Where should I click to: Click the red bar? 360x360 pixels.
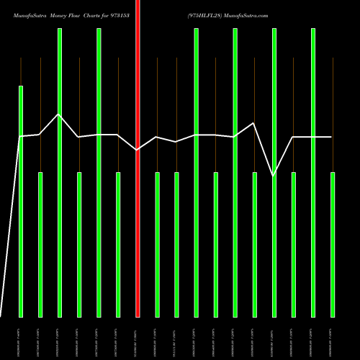click(x=138, y=158)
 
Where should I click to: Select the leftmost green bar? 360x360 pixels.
click(x=21, y=202)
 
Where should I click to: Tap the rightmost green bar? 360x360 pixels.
click(x=333, y=245)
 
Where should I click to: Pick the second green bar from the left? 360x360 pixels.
click(x=40, y=245)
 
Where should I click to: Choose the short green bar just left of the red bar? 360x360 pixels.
click(x=118, y=245)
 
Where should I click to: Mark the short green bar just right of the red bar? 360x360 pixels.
click(x=157, y=245)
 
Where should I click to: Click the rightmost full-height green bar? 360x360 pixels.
click(x=313, y=173)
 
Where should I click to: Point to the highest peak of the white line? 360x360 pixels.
click(x=59, y=114)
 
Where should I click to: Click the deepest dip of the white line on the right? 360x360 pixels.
click(x=273, y=175)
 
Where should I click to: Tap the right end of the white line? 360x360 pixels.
click(x=332, y=137)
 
